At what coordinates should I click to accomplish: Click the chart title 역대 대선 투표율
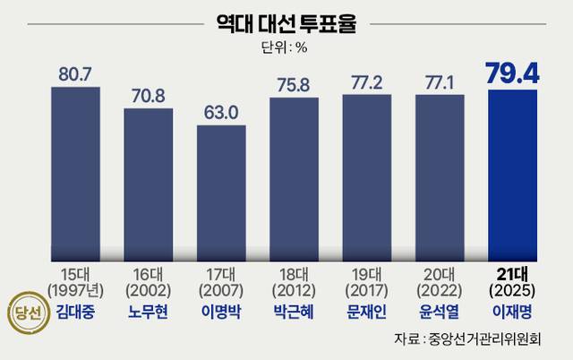pos(286,21)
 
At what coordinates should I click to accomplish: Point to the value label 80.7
pos(75,73)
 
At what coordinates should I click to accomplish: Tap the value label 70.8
pos(148,95)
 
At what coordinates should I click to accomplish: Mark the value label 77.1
pos(440,81)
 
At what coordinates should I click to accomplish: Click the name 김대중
pos(75,313)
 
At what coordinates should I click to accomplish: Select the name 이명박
pos(221,313)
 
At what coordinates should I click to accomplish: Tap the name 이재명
pos(513,313)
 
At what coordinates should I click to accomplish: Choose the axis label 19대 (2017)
pos(367,283)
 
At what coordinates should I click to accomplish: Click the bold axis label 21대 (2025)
pos(513,283)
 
